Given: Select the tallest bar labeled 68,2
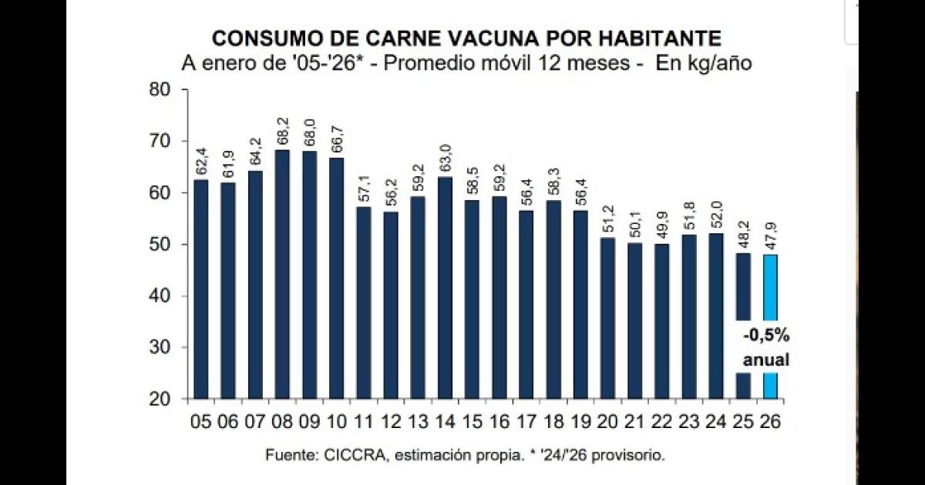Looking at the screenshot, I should click(282, 273).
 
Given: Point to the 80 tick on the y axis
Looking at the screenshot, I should click(160, 89).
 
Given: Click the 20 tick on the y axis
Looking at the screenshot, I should click(160, 399).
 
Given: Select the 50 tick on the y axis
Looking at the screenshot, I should click(160, 244).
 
